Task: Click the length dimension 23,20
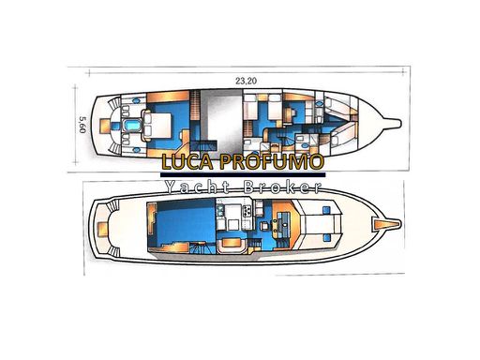click(246, 81)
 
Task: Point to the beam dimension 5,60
click(82, 125)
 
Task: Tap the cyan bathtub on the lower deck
click(132, 126)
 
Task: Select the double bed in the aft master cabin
click(157, 126)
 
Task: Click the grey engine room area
click(221, 119)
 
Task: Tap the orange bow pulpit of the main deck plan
click(386, 224)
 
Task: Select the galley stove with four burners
click(247, 211)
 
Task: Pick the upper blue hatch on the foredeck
click(326, 210)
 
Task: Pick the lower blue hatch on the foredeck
click(326, 238)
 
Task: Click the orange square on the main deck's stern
click(102, 229)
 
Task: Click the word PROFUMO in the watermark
click(271, 161)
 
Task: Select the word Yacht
click(198, 187)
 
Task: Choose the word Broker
click(282, 187)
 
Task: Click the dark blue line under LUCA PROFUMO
click(243, 174)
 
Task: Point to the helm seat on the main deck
click(264, 225)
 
